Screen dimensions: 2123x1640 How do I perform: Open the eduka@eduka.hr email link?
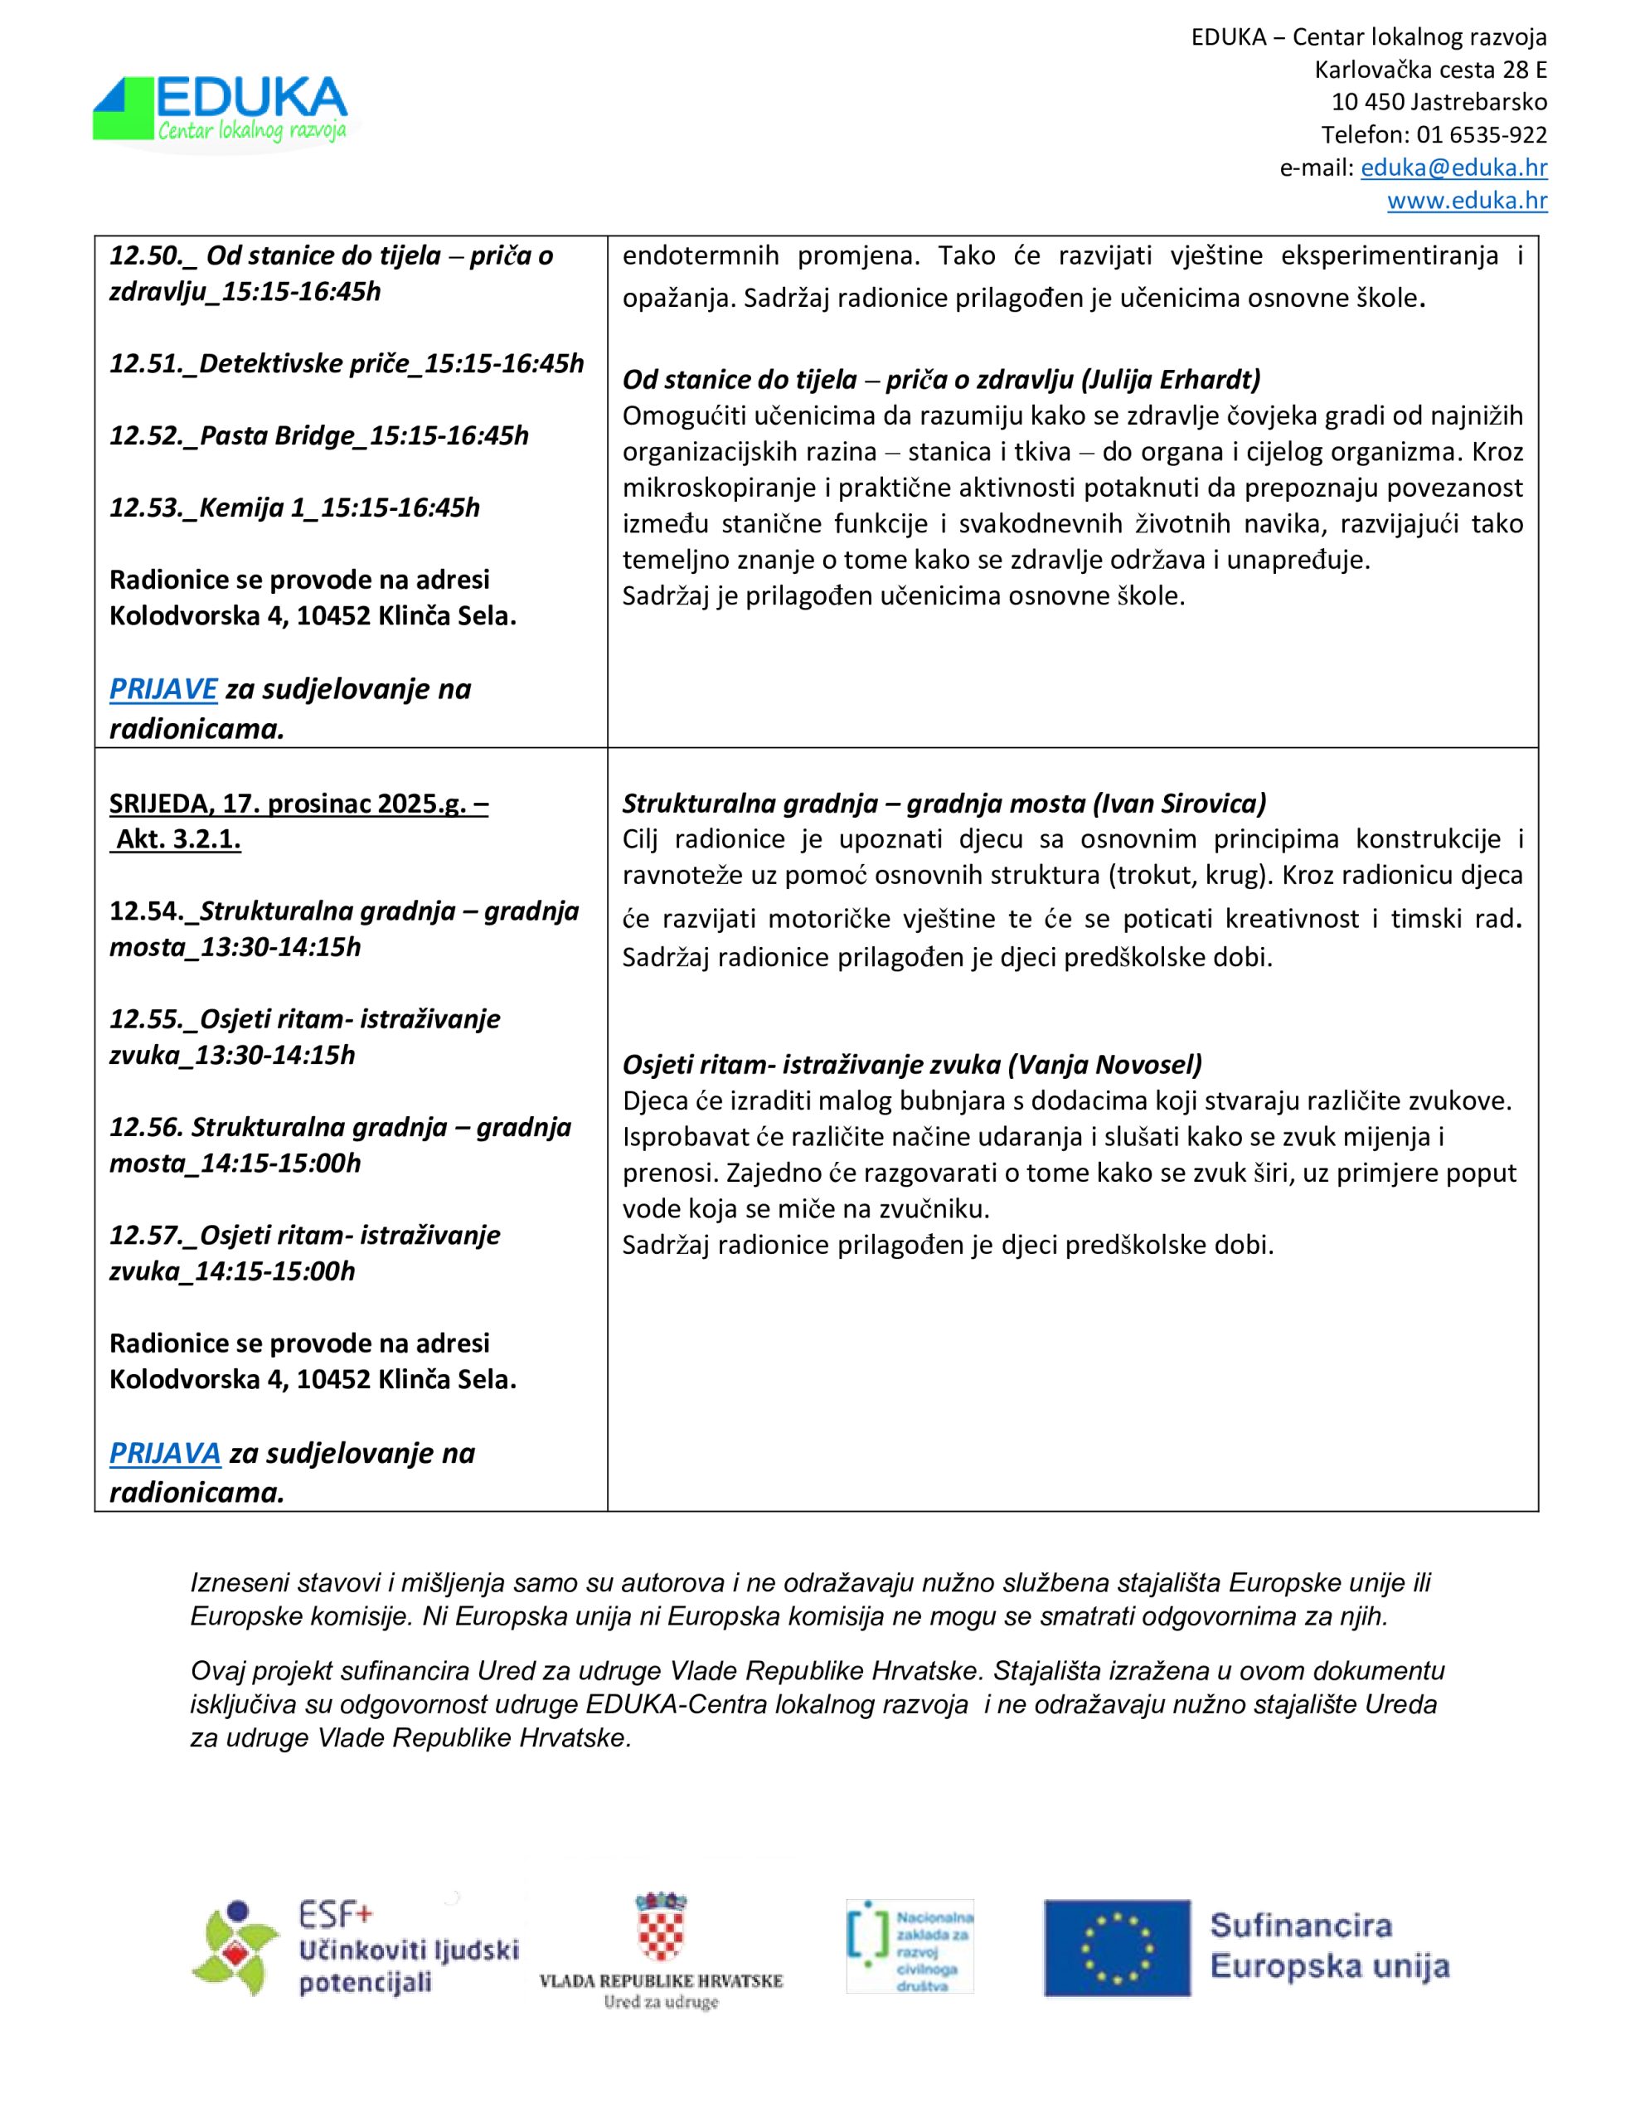point(1453,168)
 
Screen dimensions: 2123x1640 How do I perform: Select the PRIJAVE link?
point(163,688)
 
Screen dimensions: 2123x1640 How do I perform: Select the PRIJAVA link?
point(165,1452)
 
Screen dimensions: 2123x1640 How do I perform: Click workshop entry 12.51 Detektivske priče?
point(346,363)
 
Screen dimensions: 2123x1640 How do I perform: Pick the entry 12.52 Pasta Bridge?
point(319,435)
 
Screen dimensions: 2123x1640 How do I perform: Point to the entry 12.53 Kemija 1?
point(294,508)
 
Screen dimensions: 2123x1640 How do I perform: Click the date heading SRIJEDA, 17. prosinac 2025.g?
point(298,803)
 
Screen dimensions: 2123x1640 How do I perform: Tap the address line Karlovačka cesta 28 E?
point(1430,70)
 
